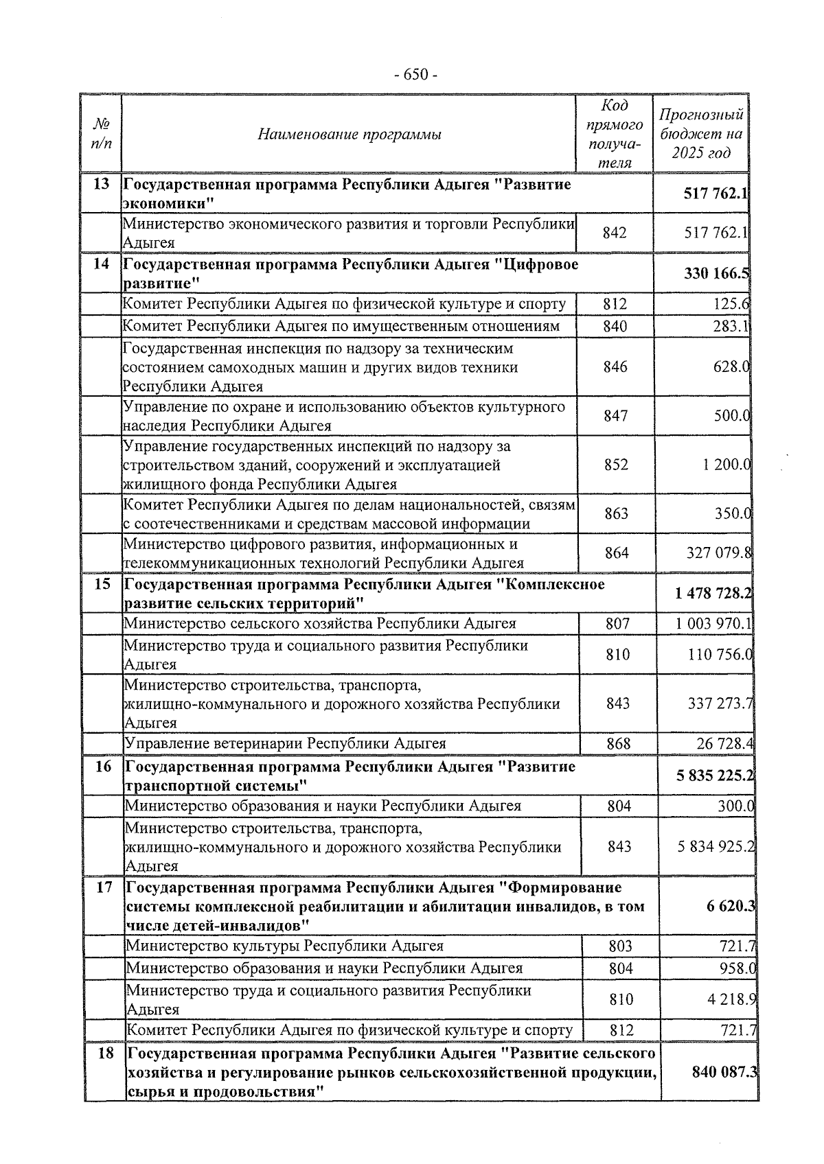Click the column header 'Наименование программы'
tap(349, 135)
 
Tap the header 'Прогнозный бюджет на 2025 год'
tap(700, 134)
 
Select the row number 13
tap(101, 185)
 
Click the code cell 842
tap(615, 233)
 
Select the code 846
tap(615, 367)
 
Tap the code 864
tap(617, 553)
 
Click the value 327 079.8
tap(718, 553)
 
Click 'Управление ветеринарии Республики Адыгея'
tap(285, 743)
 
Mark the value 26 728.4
tap(724, 743)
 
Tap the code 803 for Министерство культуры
tap(620, 946)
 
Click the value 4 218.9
tap(731, 1000)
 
